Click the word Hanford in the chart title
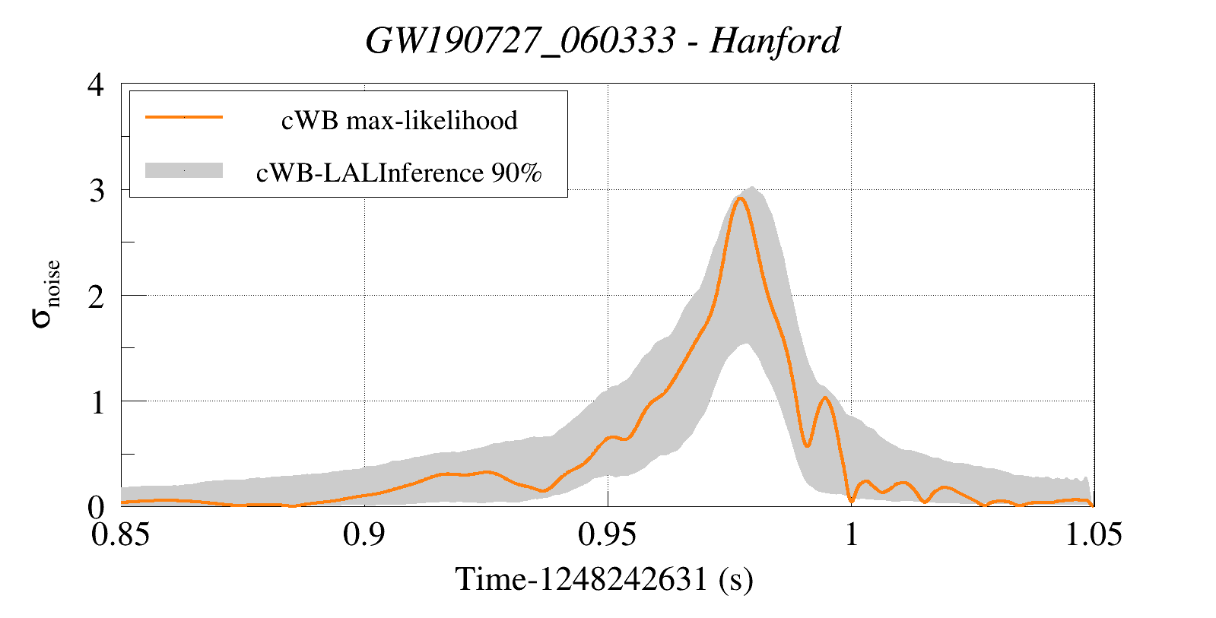(774, 41)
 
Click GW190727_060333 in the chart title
(519, 41)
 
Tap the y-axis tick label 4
(96, 85)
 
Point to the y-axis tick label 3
(96, 191)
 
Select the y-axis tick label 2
(96, 296)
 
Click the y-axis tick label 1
(97, 402)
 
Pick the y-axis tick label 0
(96, 507)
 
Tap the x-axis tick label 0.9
(364, 535)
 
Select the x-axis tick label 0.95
(607, 535)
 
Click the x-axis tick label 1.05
(1093, 535)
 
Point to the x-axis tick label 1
(851, 535)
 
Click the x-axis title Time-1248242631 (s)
(604, 580)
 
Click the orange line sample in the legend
(183, 117)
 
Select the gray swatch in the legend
(183, 170)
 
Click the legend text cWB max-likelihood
(399, 120)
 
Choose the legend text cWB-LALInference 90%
(398, 173)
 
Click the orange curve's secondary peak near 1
(825, 398)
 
